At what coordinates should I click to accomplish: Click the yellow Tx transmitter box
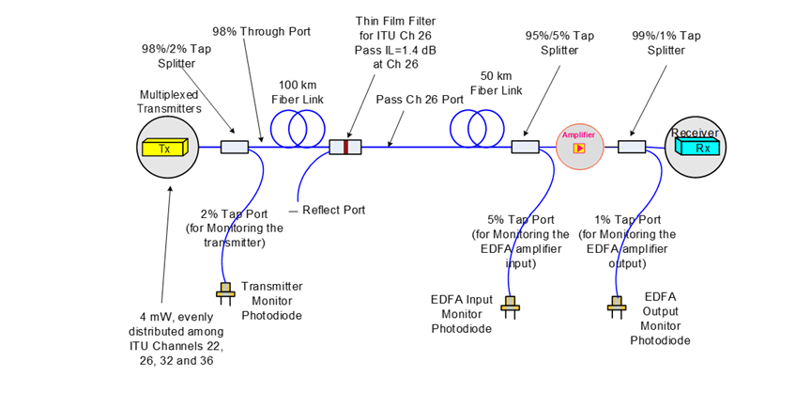point(164,148)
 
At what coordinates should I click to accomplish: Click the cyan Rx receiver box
point(696,148)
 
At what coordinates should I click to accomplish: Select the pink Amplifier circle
point(579,147)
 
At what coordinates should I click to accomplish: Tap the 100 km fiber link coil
point(291,129)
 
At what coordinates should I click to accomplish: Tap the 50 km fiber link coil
point(474,129)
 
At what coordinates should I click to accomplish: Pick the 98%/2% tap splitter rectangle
point(235,147)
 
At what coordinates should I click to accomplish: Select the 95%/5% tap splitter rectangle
point(524,147)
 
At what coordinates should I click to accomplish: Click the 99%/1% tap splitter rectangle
point(632,147)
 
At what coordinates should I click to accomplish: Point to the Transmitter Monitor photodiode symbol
point(225,292)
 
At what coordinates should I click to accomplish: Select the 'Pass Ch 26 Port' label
point(420,99)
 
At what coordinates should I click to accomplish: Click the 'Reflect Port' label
point(332,210)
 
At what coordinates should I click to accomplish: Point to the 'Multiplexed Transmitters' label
point(170,102)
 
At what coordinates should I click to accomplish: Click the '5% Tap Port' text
point(520,220)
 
